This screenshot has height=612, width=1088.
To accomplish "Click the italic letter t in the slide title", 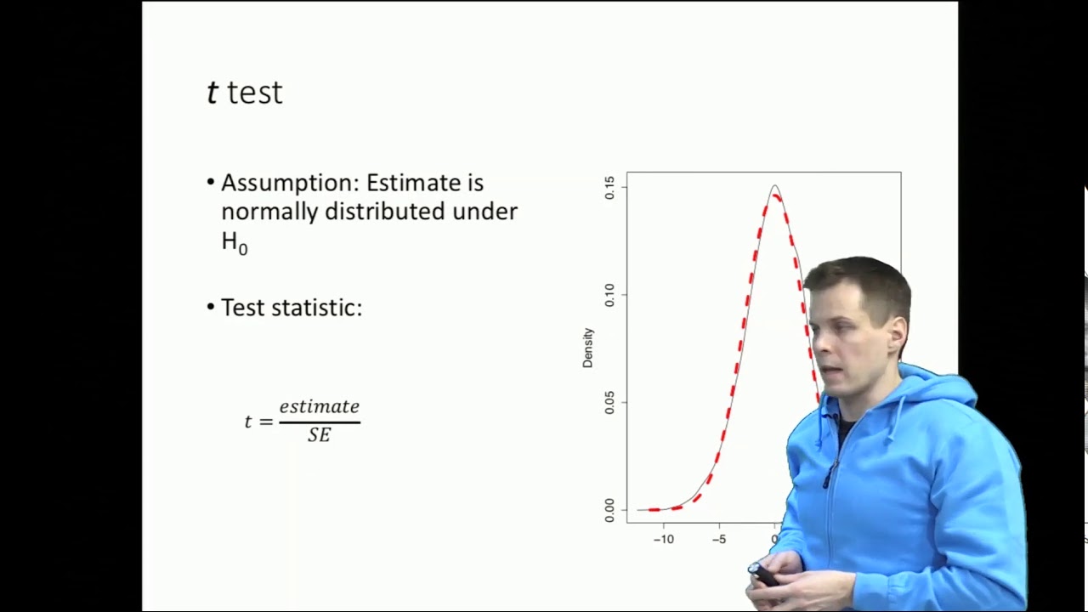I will point(212,93).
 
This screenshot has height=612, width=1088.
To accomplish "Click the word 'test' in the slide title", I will point(255,93).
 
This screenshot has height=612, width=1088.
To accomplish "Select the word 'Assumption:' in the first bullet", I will point(290,184).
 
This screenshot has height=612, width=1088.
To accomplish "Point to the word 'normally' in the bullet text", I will point(269,212).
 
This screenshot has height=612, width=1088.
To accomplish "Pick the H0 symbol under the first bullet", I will point(234,243).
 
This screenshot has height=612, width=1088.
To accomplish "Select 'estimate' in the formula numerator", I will point(320,407).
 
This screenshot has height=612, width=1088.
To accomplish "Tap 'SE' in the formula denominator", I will point(320,435).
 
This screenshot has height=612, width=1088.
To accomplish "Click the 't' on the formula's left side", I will point(248,422).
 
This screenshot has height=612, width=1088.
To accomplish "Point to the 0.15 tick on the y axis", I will point(609,188).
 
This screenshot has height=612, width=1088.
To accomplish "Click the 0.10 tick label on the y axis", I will point(609,295).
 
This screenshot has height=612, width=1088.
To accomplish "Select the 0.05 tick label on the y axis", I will point(609,402).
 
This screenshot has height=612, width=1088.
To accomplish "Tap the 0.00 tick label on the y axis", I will point(609,510).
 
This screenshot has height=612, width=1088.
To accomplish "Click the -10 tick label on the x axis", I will point(663,539).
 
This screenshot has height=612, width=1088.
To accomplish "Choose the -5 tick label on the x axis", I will point(719,539).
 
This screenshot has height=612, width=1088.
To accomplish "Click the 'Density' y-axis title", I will point(587,348).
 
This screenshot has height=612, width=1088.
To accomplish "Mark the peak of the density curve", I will point(774,186).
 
